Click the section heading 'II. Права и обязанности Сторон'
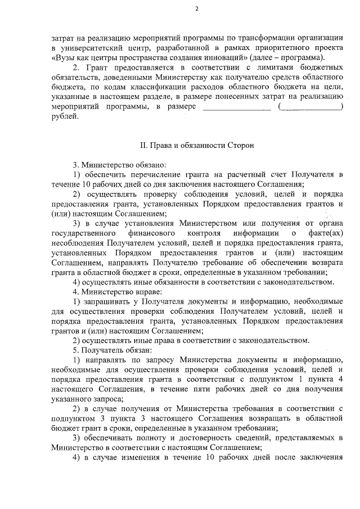coord(196,145)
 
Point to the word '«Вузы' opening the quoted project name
coord(62,58)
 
